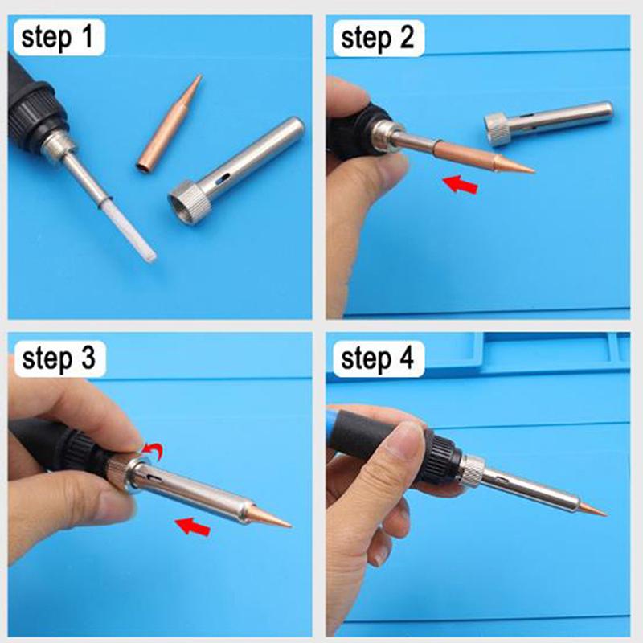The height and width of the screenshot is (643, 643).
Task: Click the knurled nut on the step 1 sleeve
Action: [190, 203]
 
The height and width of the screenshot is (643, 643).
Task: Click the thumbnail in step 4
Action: [406, 441]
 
